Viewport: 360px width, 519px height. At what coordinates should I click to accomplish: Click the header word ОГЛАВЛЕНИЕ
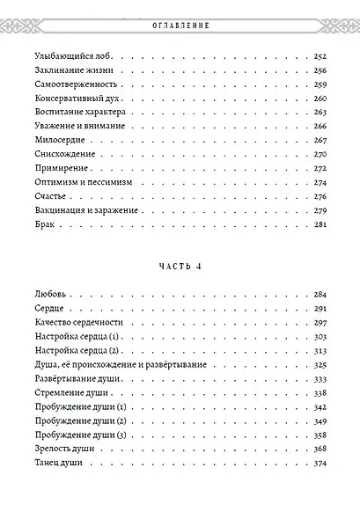[x=180, y=25]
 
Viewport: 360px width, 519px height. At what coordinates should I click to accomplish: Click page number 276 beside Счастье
[x=320, y=196]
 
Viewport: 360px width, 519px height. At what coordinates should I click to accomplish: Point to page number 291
[x=320, y=309]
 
